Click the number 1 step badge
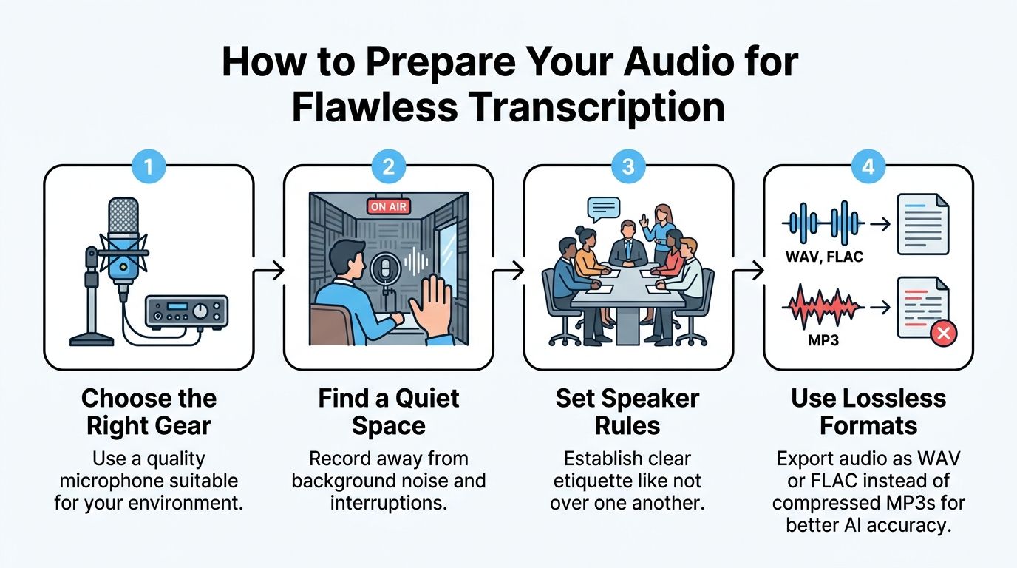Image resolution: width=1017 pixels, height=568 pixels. pyautogui.click(x=149, y=166)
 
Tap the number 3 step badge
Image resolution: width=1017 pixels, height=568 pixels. pyautogui.click(x=628, y=166)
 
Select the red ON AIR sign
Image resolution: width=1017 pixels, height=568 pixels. pyautogui.click(x=388, y=206)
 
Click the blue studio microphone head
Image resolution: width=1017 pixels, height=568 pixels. pyautogui.click(x=123, y=222)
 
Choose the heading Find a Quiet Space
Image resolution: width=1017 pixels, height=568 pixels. pyautogui.click(x=389, y=412)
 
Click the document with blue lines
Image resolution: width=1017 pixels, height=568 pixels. pyautogui.click(x=922, y=223)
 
